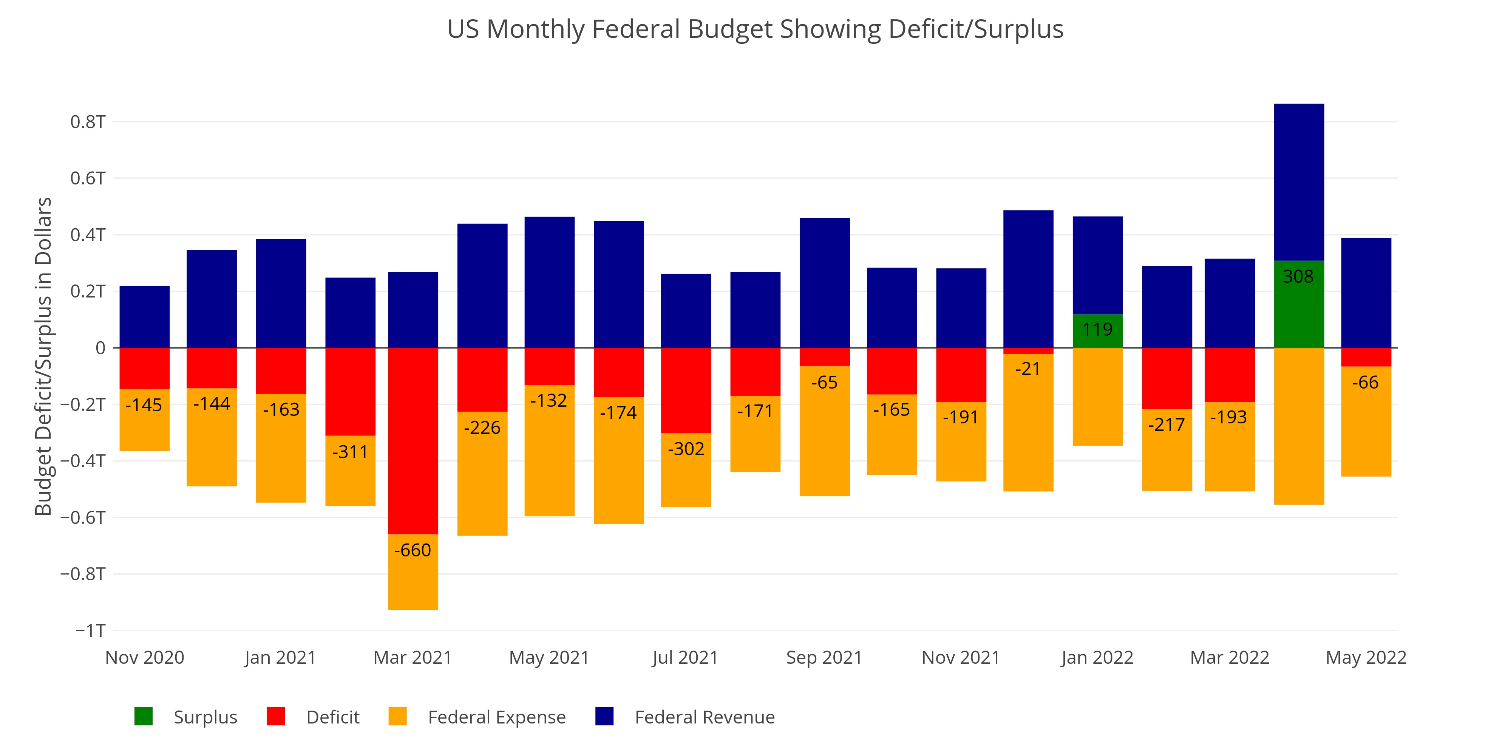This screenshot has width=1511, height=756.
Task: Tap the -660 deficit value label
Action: coord(413,550)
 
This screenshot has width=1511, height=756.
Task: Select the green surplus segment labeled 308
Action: coord(1299,304)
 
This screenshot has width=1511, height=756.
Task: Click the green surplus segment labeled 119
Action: coord(1097,330)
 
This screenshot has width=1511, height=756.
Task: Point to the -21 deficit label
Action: coord(1027,369)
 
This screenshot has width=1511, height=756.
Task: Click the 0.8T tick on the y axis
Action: coord(88,122)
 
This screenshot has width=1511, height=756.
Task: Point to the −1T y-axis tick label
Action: coord(90,631)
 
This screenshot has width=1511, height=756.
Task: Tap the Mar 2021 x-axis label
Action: coord(413,657)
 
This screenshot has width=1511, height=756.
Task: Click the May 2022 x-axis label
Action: coord(1366,657)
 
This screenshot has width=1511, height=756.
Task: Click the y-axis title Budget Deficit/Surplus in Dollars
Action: coord(43,356)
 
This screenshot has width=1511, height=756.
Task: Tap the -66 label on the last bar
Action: coord(1366,382)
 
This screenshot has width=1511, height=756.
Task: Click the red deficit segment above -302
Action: coord(686,390)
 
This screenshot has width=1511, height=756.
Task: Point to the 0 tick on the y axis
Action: coord(100,348)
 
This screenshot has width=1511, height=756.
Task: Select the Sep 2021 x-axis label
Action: coord(824,657)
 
